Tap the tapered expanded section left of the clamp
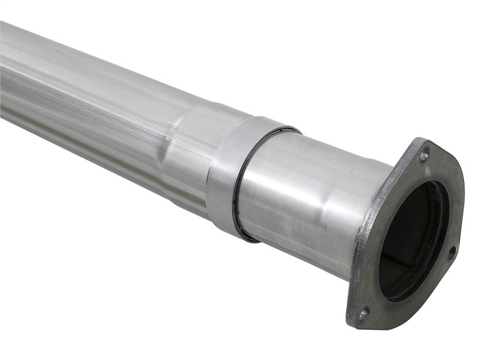point(180,156)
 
